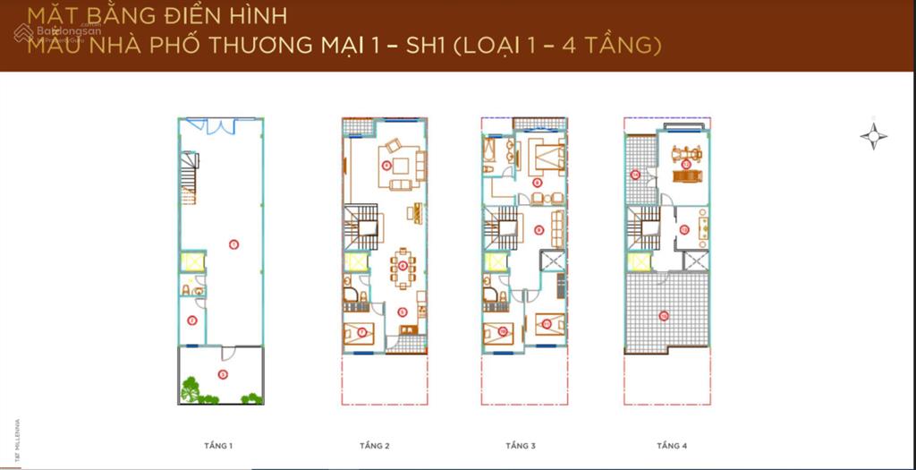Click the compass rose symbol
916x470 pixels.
click(x=873, y=136)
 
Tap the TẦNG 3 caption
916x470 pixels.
click(x=520, y=445)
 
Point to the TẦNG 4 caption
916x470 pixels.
click(x=672, y=445)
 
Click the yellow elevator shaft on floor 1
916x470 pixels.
click(x=192, y=262)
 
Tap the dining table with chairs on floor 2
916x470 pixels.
click(x=403, y=266)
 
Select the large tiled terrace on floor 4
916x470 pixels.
click(x=666, y=313)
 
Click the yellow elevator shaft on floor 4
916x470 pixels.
click(x=639, y=262)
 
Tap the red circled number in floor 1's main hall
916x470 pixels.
click(x=233, y=244)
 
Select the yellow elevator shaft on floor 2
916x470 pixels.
click(x=355, y=262)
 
